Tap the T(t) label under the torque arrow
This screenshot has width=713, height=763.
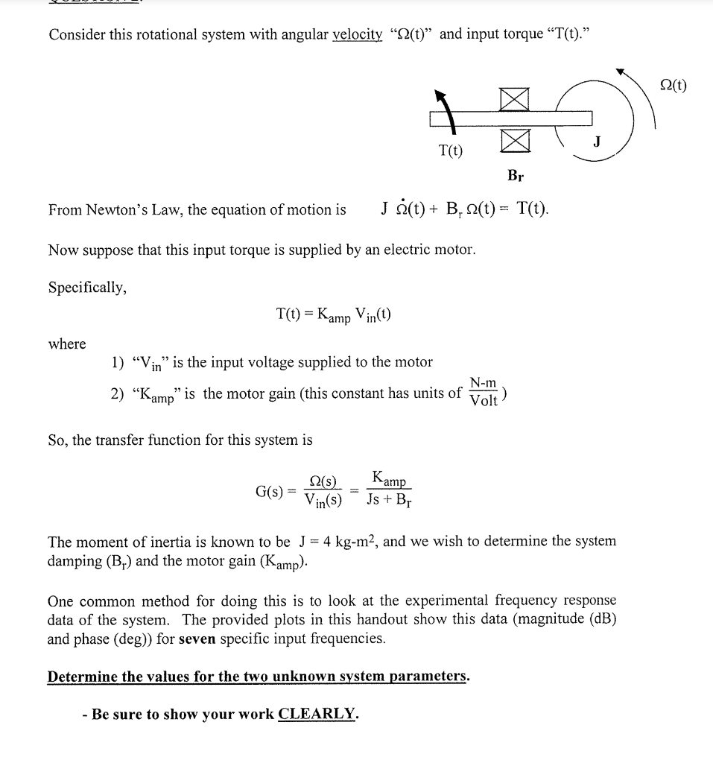point(449,151)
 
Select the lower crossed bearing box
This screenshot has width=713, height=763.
point(515,139)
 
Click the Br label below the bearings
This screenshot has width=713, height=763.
point(515,177)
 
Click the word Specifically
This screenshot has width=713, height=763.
point(87,288)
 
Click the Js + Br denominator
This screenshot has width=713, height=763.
point(389,500)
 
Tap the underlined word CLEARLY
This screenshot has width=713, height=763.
point(317,714)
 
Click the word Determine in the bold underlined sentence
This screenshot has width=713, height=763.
point(82,677)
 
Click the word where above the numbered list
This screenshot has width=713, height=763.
point(67,343)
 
